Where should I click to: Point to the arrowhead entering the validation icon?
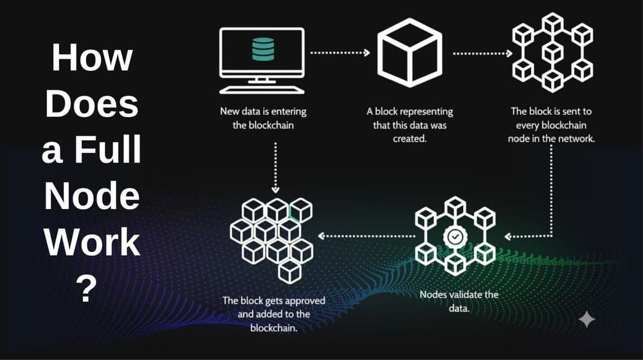pos(509,235)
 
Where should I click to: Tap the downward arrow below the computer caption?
pos(275,168)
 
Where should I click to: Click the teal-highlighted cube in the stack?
pos(300,210)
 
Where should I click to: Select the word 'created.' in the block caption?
pos(410,138)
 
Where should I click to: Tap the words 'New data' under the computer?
pos(241,111)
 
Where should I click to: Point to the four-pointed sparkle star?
pos(586,319)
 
